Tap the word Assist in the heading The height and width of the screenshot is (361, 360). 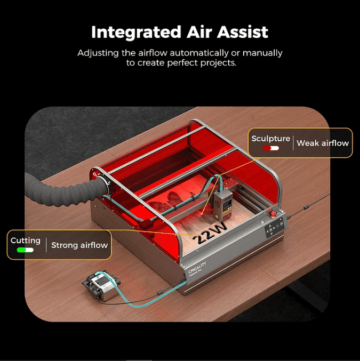243,32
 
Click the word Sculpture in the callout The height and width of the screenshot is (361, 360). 271,139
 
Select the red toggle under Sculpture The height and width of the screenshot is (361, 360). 270,148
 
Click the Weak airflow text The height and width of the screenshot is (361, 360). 323,143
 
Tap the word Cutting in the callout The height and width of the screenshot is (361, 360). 26,240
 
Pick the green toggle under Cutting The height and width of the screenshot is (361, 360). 25,250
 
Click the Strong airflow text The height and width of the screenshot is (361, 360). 79,245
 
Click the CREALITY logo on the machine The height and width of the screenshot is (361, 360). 197,267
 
